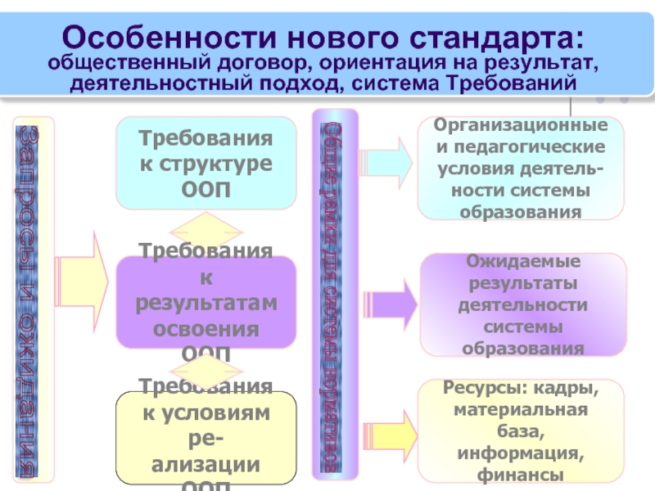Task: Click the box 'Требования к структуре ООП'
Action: pos(205,162)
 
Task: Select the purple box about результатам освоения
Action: pos(205,303)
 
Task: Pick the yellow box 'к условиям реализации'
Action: pos(205,438)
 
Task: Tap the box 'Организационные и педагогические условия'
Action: pos(521,169)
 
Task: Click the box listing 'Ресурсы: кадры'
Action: pos(522,430)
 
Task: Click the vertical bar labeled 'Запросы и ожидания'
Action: pos(34,299)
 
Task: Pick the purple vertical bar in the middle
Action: pos(335,295)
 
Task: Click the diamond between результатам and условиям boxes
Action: pos(205,367)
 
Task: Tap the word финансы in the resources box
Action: pos(522,474)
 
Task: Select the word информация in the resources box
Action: pos(522,453)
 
